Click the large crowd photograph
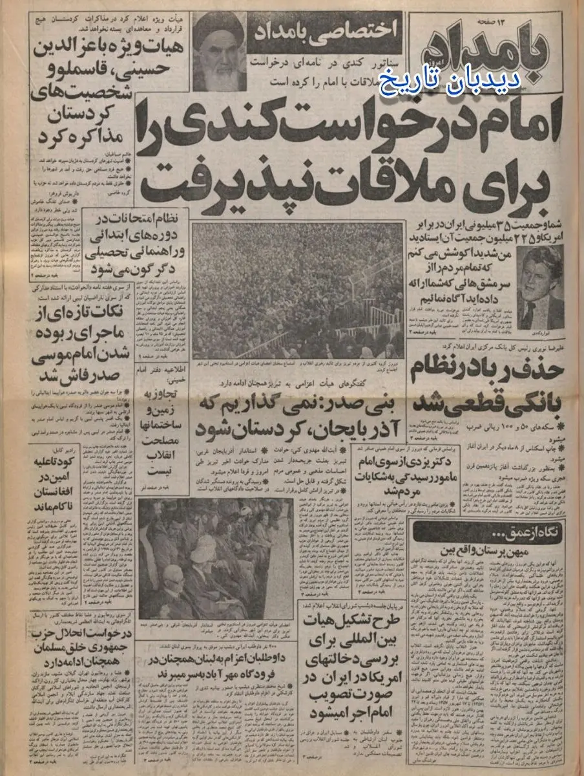click(x=298, y=290)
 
